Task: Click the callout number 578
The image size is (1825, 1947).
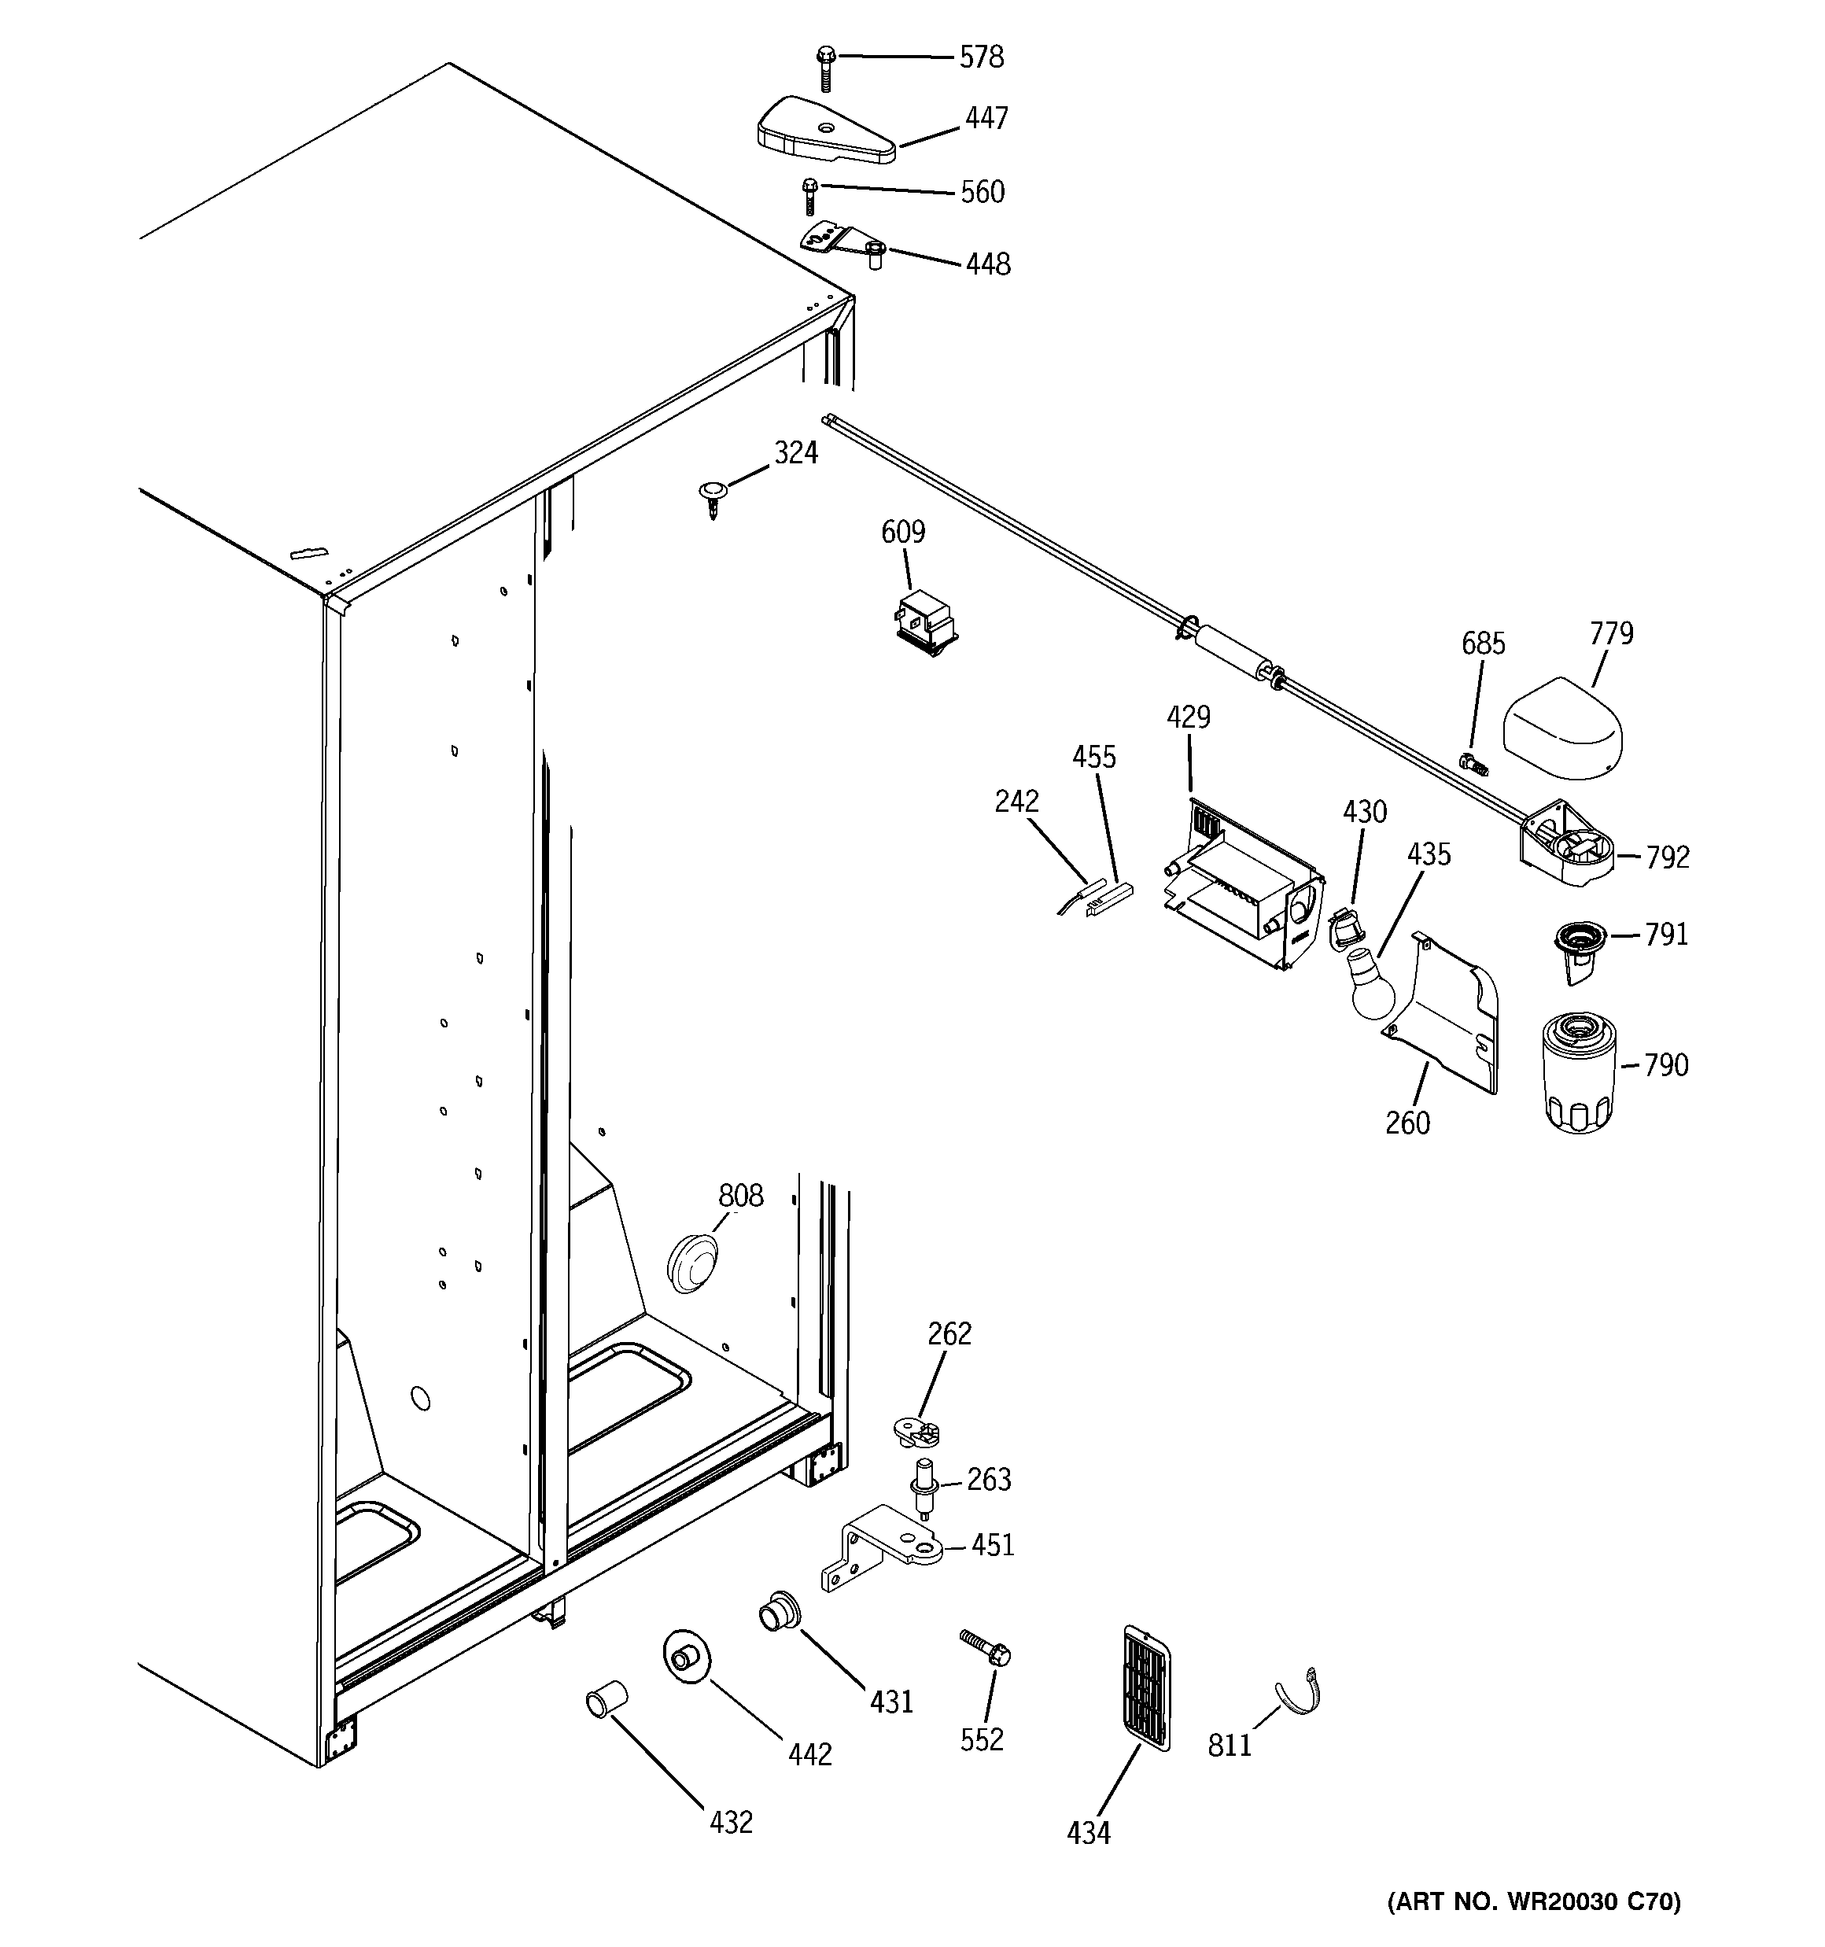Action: (981, 57)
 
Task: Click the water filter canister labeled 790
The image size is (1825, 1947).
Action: (1578, 1072)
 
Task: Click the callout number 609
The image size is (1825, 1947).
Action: (902, 532)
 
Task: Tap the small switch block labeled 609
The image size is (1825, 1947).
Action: (925, 624)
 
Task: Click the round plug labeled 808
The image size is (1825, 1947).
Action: (692, 1263)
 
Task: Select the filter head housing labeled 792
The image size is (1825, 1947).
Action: (1565, 845)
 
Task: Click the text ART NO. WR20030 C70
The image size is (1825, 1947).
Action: (1533, 1903)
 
